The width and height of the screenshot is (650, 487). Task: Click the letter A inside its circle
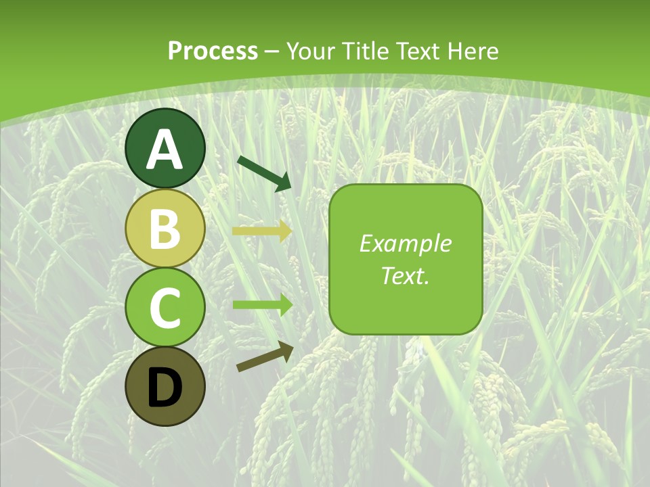[165, 149]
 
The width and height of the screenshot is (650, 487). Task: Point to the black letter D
[165, 388]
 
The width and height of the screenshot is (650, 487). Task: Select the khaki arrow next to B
[261, 231]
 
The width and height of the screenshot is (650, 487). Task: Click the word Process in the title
[213, 51]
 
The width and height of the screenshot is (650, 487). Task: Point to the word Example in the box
[405, 243]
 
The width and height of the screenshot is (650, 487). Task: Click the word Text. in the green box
[405, 275]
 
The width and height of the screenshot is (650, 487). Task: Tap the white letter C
[165, 308]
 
